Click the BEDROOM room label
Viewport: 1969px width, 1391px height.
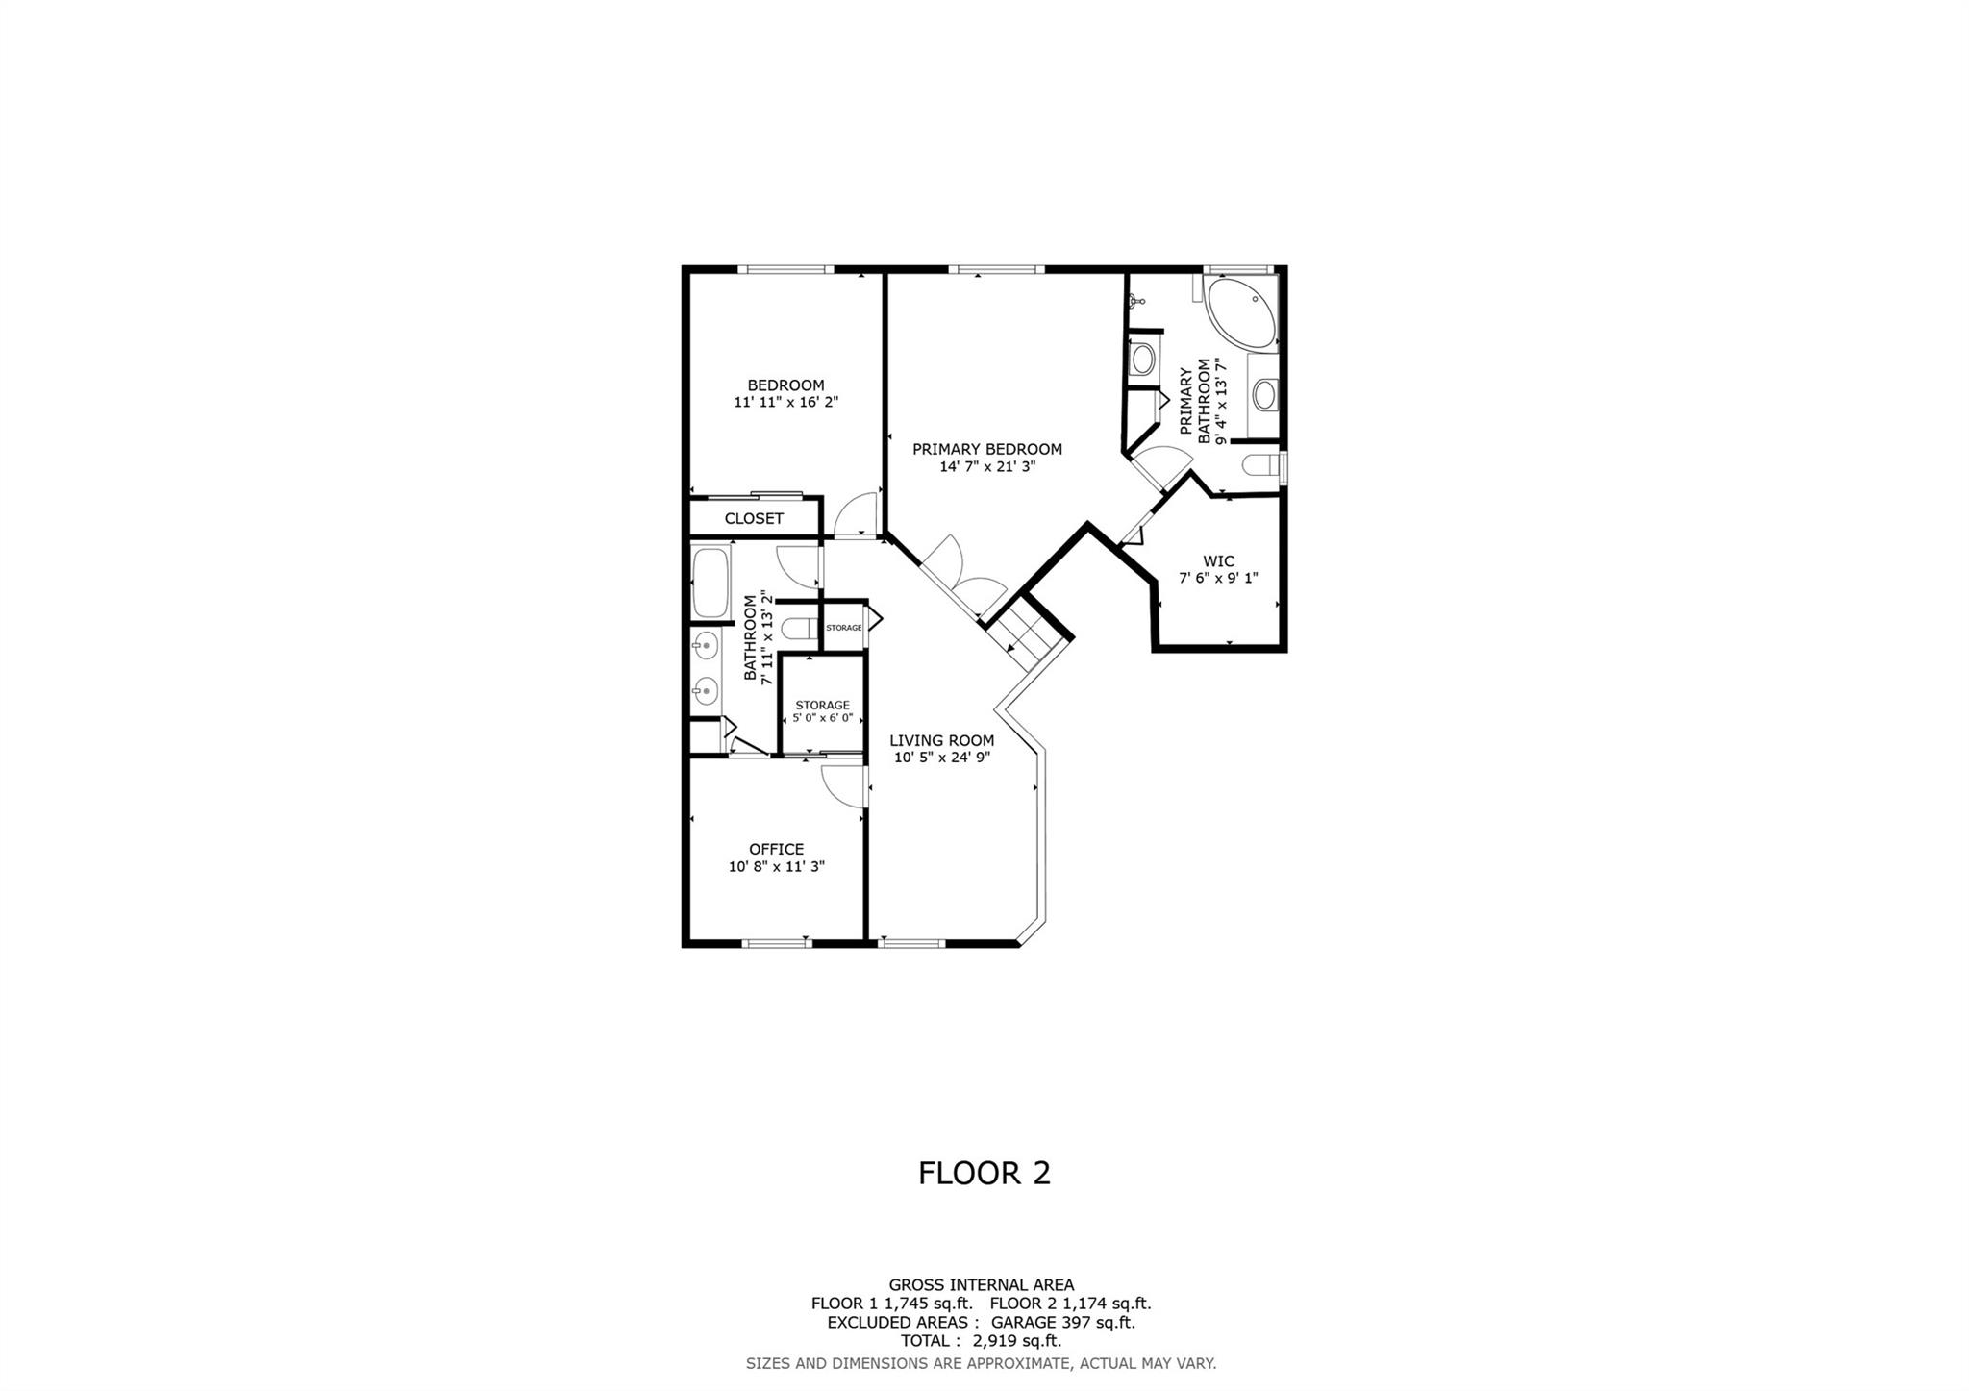[785, 385]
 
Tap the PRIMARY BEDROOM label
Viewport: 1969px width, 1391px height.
[987, 449]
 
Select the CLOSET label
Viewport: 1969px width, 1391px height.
[754, 518]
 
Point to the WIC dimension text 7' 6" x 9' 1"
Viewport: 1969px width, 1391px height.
[1218, 578]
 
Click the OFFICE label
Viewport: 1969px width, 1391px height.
[777, 849]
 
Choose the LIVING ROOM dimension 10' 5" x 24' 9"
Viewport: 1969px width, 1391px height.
[942, 758]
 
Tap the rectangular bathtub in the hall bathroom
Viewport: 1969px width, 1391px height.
[711, 583]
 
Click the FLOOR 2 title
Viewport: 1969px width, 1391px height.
[984, 1173]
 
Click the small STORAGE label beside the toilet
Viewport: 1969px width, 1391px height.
[844, 628]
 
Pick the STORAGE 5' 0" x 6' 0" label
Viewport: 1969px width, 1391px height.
[823, 712]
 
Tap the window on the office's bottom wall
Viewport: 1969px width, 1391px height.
[776, 943]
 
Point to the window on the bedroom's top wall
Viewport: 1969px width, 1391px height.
[785, 270]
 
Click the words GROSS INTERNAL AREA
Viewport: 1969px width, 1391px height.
[982, 1284]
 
